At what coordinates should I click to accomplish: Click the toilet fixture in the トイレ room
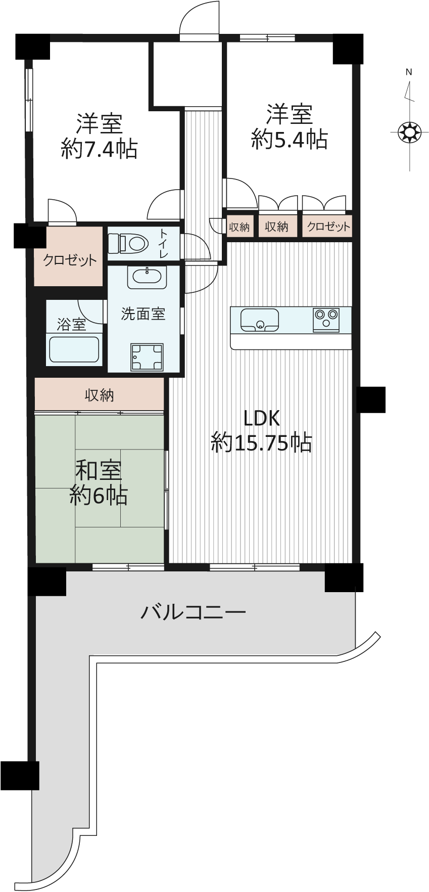pyautogui.click(x=128, y=243)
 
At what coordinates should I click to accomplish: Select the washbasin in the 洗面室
pyautogui.click(x=147, y=278)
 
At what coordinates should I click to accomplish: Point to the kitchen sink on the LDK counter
pyautogui.click(x=259, y=320)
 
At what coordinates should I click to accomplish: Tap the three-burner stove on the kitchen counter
pyautogui.click(x=326, y=319)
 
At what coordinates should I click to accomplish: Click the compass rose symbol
pyautogui.click(x=409, y=133)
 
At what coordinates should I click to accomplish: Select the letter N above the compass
pyautogui.click(x=409, y=72)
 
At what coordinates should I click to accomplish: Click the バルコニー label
pyautogui.click(x=193, y=613)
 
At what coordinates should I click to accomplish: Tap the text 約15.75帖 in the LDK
pyautogui.click(x=261, y=443)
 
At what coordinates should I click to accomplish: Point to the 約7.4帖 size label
pyautogui.click(x=99, y=149)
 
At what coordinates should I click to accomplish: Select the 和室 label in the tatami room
pyautogui.click(x=99, y=471)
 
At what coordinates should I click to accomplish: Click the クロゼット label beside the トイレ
pyautogui.click(x=70, y=260)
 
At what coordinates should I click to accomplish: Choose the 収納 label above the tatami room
pyautogui.click(x=100, y=395)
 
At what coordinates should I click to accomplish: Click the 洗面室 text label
pyautogui.click(x=143, y=314)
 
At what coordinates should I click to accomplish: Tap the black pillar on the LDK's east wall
pyautogui.click(x=371, y=399)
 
